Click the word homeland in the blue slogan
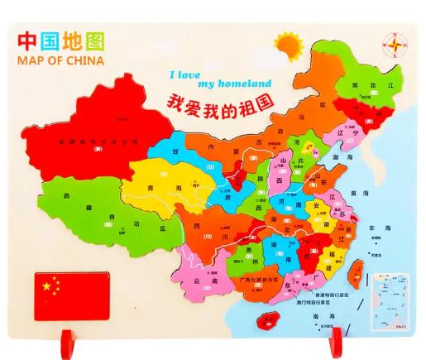click(x=244, y=84)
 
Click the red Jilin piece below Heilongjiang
click(x=365, y=117)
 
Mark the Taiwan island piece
click(x=359, y=270)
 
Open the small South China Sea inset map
click(x=387, y=294)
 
